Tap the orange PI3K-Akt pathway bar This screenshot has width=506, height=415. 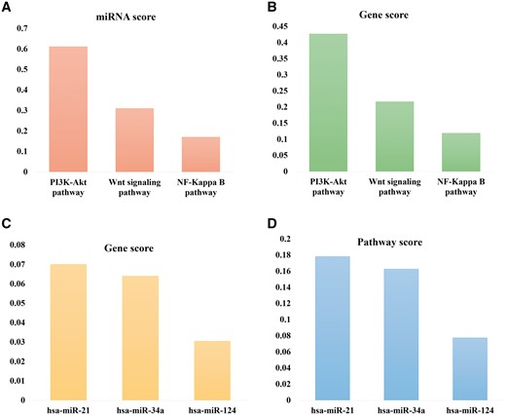68,109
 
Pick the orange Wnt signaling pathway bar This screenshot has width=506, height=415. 135,140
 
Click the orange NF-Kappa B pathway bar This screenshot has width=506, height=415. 200,154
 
